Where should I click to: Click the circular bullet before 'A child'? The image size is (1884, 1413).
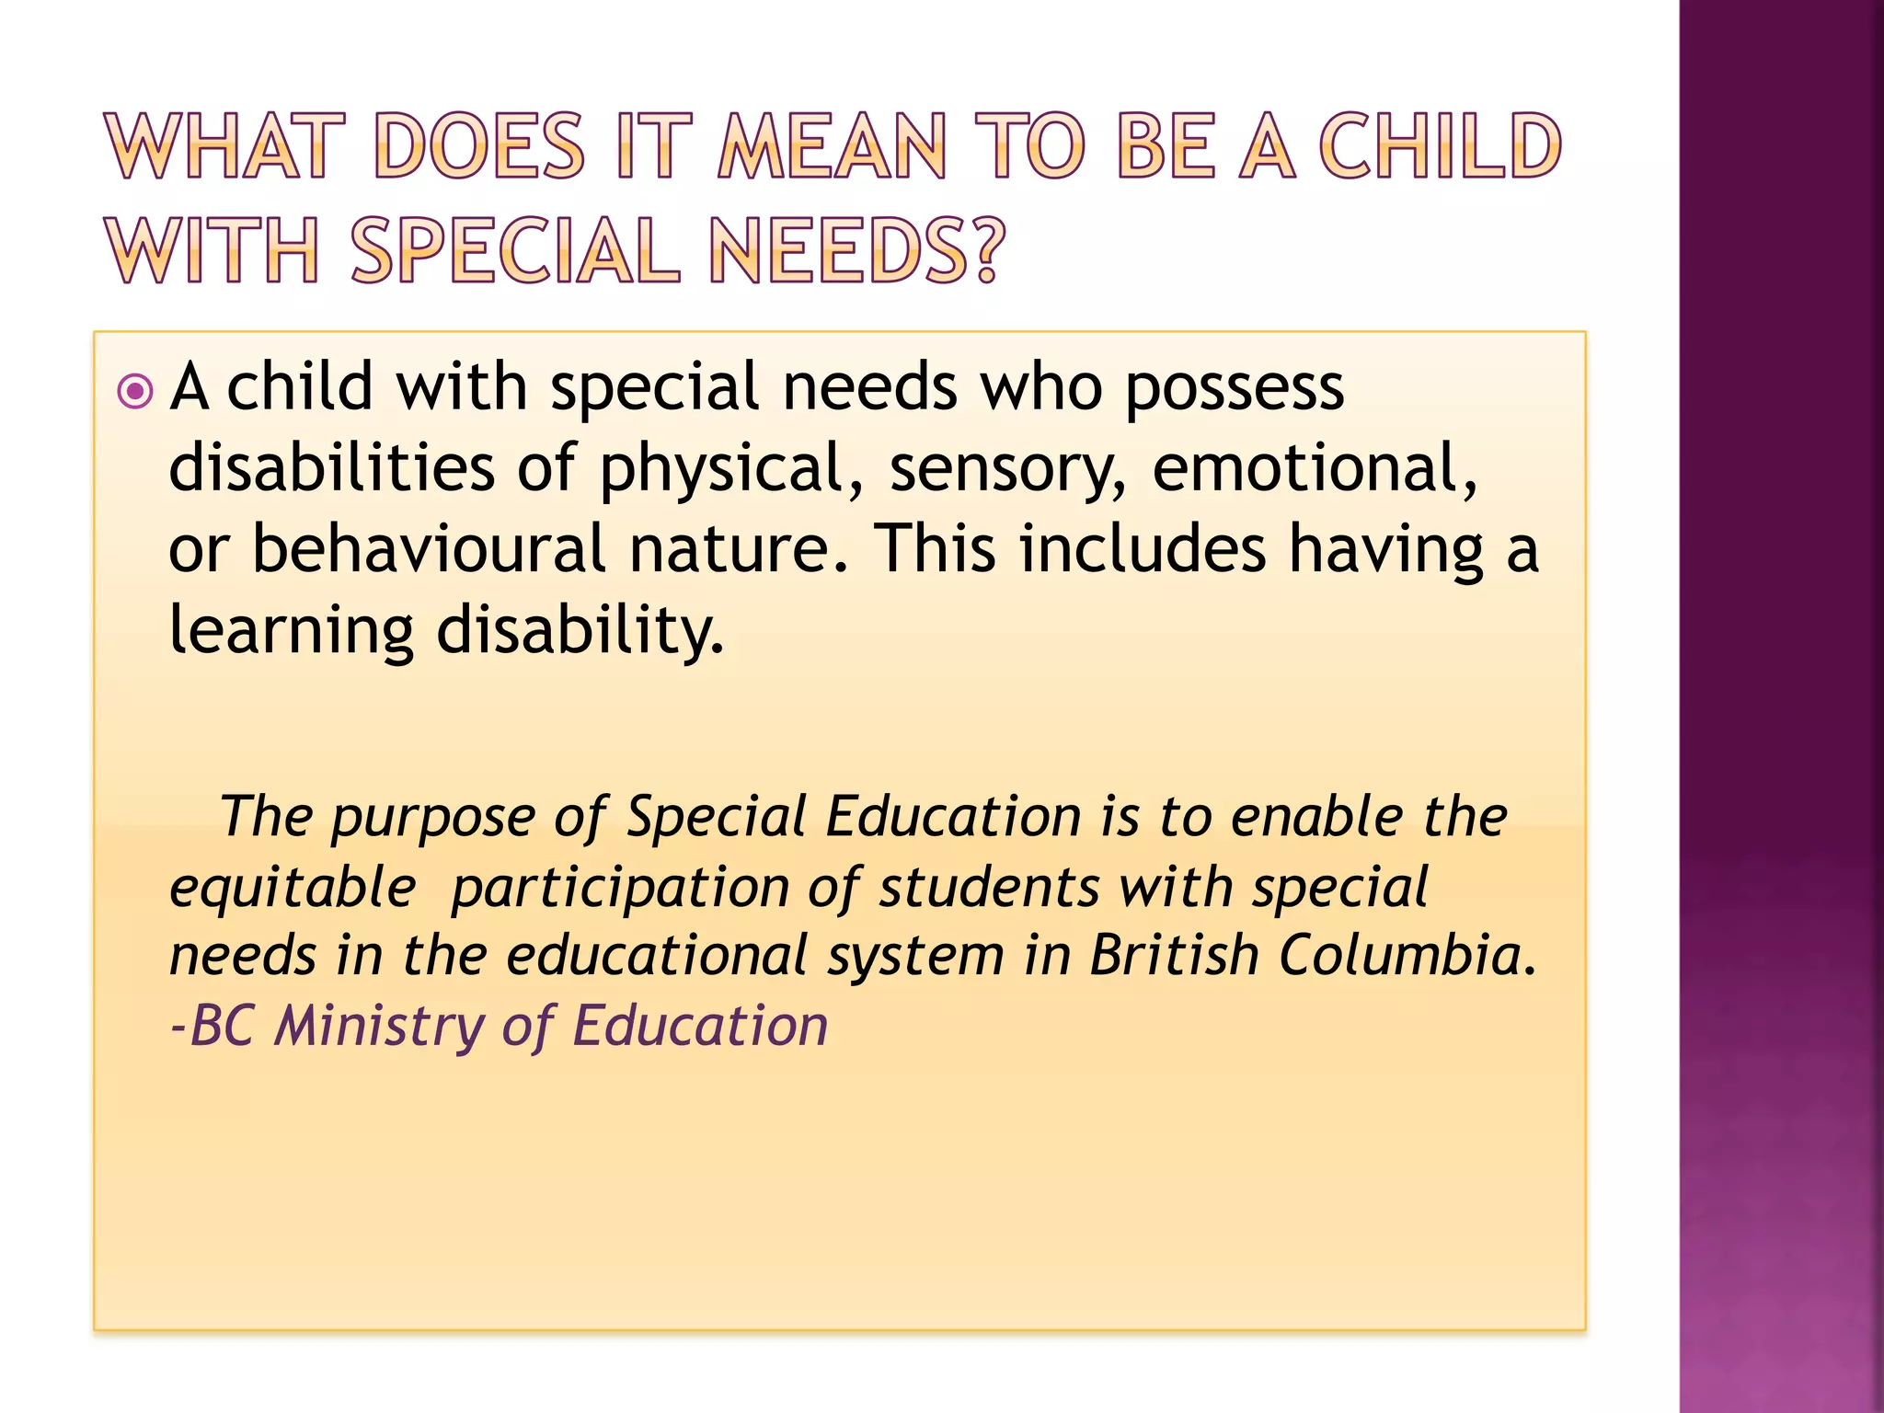pos(136,392)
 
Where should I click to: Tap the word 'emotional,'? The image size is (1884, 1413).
pos(1315,469)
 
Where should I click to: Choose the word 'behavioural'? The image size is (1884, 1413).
pos(429,549)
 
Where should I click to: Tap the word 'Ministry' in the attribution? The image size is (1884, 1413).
pos(379,1026)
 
